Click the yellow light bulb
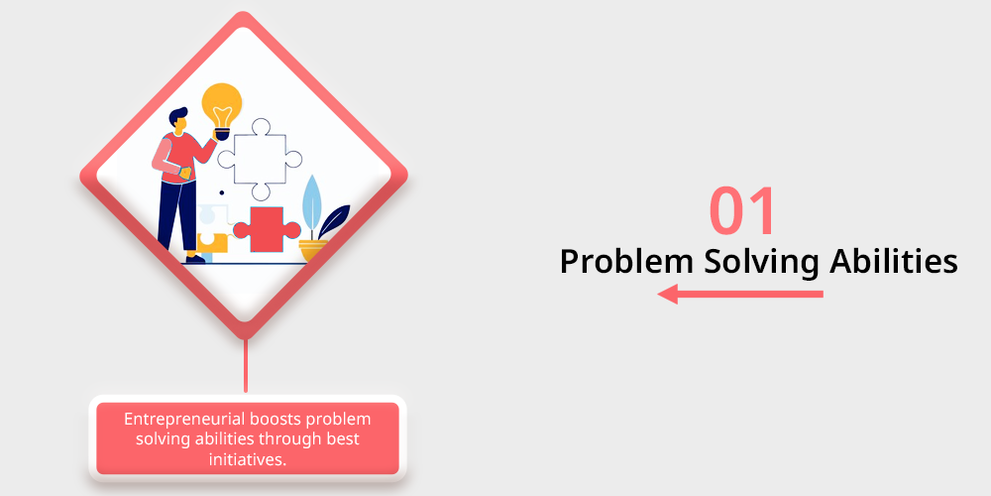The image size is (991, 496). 221,106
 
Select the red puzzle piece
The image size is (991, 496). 266,230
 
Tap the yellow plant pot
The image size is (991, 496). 313,251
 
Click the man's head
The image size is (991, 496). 178,121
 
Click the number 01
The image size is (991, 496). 742,211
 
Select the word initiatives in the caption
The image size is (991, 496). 248,459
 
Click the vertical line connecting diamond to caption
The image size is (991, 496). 246,366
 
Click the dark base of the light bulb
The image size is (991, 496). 221,134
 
